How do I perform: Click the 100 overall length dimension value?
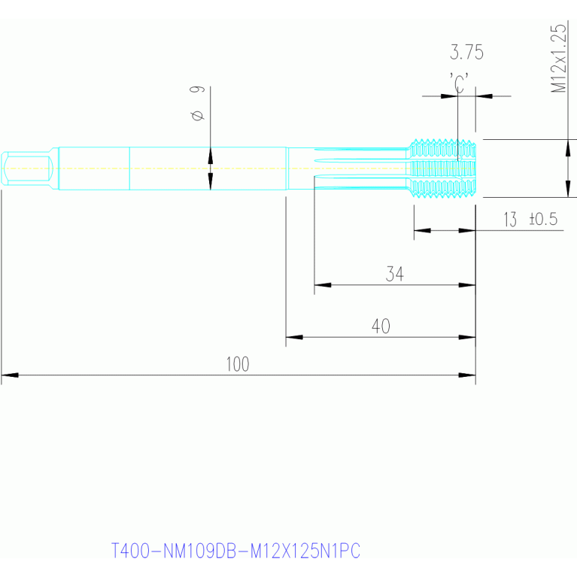238,364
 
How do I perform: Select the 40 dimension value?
381,326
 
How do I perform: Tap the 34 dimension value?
394,274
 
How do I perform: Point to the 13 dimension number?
510,220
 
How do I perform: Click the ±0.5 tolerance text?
543,219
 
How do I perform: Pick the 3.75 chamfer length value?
466,52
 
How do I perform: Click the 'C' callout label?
459,84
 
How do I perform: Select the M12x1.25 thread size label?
558,58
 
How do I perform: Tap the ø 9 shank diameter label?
197,103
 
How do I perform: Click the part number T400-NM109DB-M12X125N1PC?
235,551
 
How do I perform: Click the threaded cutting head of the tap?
443,169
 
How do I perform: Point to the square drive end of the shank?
28,169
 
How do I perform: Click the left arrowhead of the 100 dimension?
10,375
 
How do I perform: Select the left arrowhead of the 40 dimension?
294,337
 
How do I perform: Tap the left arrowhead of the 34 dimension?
323,285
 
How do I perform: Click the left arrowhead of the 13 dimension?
423,230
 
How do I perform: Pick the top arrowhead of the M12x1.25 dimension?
568,148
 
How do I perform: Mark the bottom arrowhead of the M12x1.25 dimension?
568,189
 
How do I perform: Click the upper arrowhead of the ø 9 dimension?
210,155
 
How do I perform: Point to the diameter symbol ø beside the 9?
198,115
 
